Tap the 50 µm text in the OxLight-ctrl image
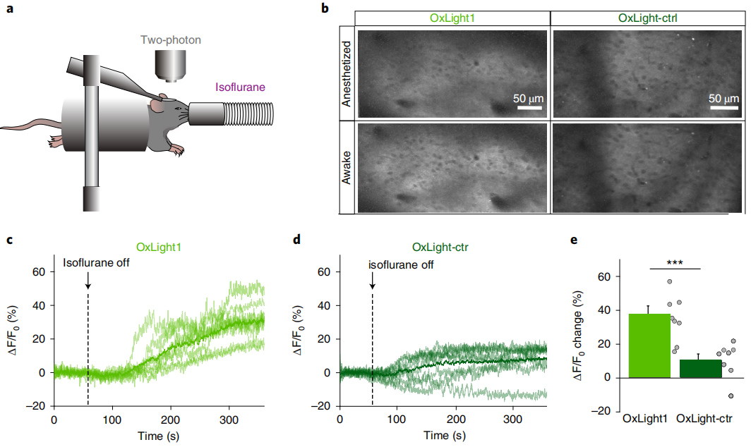click(x=723, y=97)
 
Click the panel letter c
click(x=9, y=240)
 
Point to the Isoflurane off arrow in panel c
click(x=88, y=281)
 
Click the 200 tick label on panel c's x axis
click(x=170, y=419)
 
